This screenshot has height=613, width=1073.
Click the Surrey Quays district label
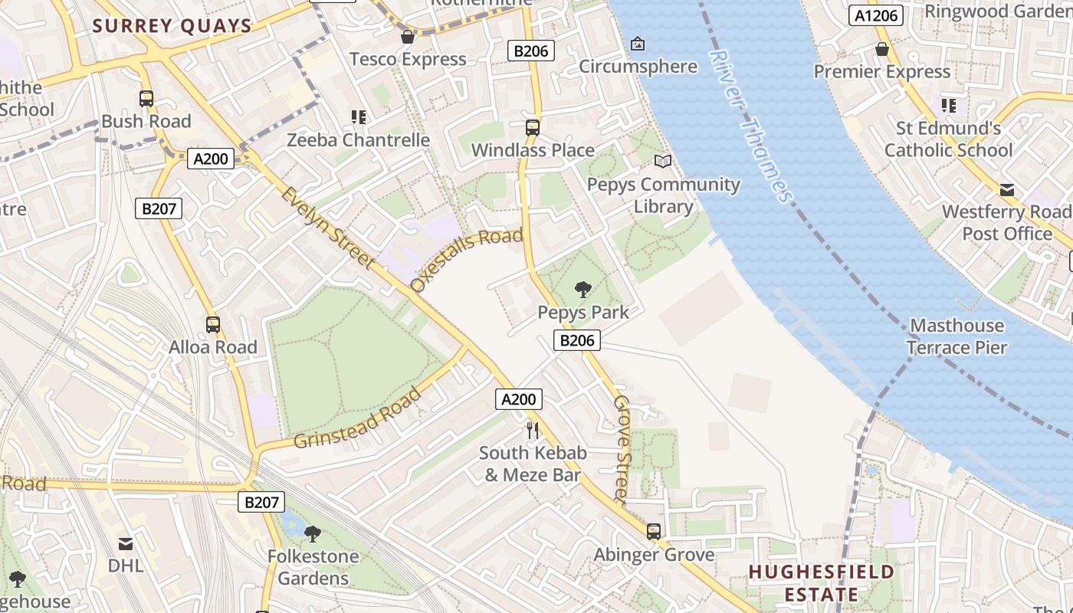click(172, 26)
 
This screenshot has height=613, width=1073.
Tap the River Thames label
click(750, 126)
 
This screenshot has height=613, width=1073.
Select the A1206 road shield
click(876, 15)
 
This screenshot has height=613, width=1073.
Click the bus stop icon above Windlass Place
click(533, 128)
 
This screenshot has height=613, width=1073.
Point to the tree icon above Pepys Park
click(582, 290)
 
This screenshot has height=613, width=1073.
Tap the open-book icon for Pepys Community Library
click(662, 162)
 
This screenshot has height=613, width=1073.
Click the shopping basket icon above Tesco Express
click(408, 37)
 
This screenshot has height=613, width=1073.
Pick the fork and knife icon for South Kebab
click(533, 430)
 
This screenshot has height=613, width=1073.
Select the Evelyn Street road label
click(328, 227)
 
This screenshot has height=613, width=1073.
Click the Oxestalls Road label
click(466, 259)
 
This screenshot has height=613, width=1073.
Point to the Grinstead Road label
click(358, 419)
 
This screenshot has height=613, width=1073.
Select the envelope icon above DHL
click(125, 544)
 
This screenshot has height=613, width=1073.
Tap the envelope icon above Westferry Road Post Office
click(1007, 190)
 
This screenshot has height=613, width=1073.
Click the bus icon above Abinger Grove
click(654, 531)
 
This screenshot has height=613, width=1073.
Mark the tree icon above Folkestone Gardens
click(312, 533)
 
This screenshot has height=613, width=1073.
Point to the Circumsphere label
click(638, 67)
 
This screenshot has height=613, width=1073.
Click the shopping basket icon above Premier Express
click(882, 50)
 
